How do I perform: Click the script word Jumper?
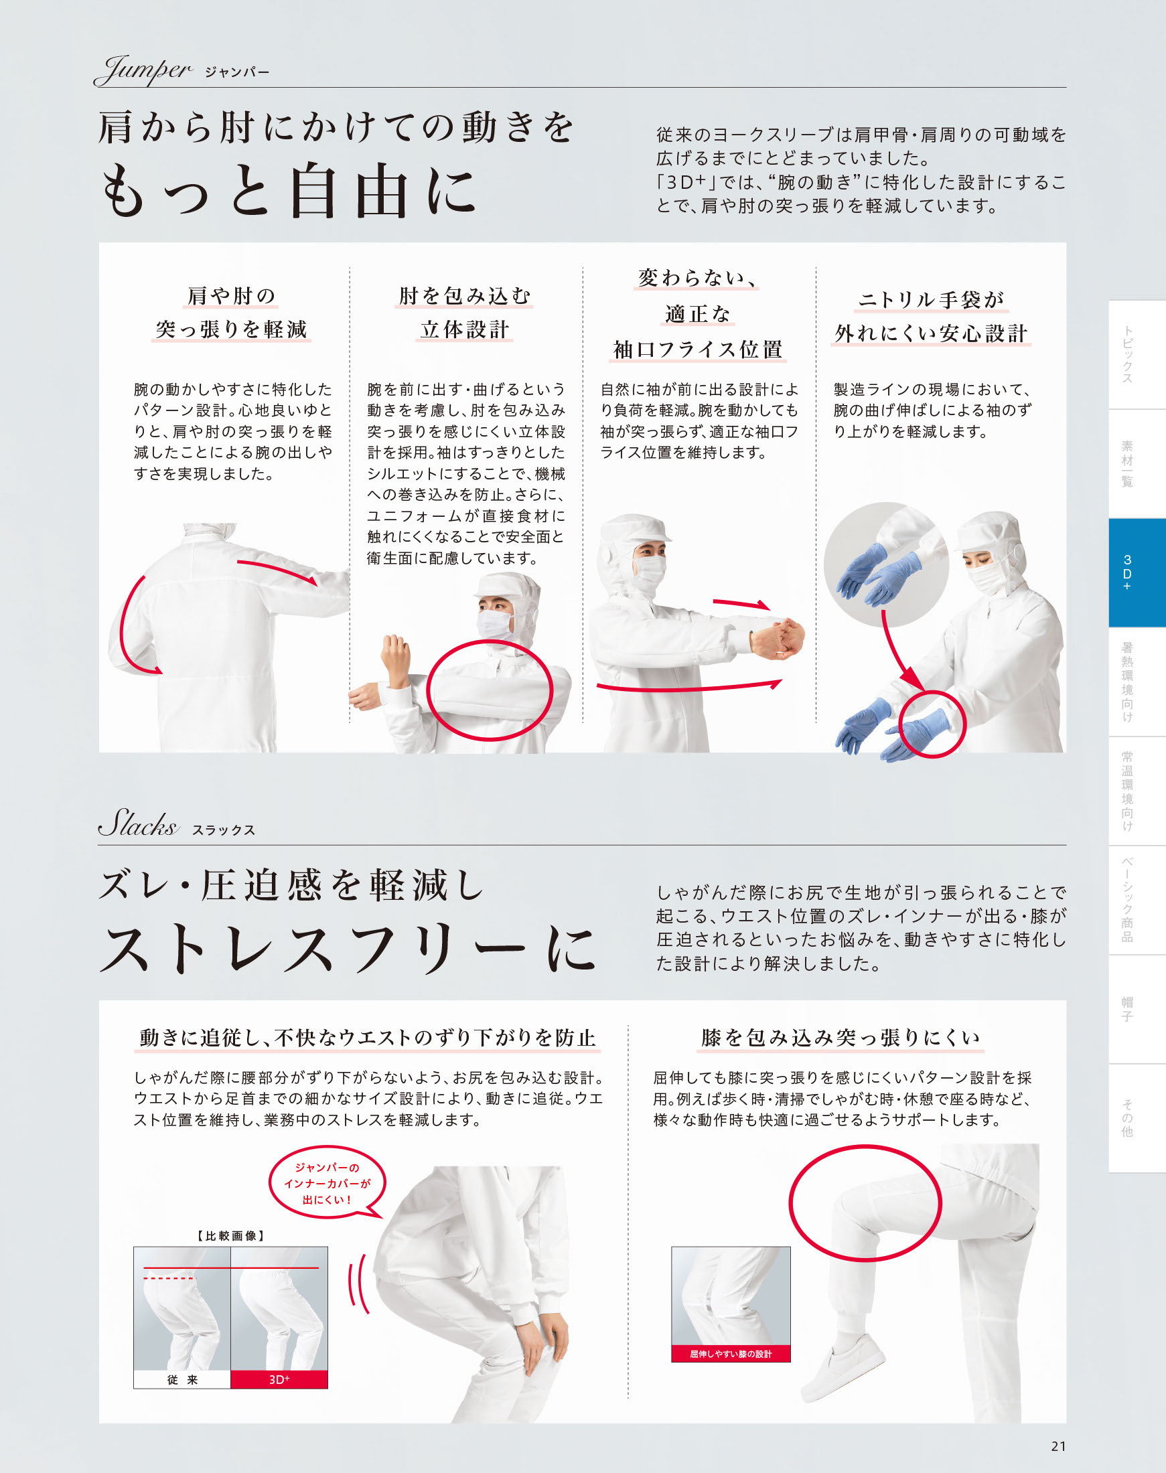click(x=143, y=70)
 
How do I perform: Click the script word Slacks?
click(x=138, y=823)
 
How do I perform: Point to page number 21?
click(x=1058, y=1446)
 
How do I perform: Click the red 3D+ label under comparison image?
click(x=279, y=1379)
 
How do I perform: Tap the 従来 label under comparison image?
click(x=182, y=1379)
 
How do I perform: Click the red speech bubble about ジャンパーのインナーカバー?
click(x=328, y=1183)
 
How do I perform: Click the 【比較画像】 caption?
click(x=231, y=1235)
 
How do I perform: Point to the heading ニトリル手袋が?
click(x=930, y=300)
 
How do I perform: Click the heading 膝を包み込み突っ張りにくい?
click(x=841, y=1038)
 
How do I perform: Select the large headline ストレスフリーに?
click(x=348, y=948)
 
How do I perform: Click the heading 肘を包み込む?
click(x=464, y=295)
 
